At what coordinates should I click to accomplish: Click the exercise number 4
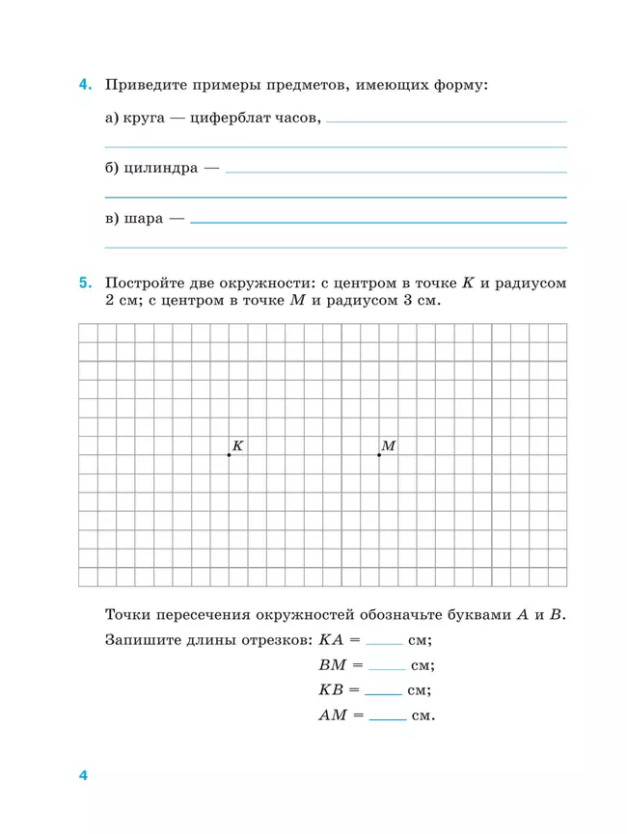coord(86,85)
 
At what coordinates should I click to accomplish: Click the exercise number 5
coord(86,283)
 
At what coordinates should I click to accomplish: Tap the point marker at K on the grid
coord(229,455)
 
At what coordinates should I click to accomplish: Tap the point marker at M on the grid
coord(379,455)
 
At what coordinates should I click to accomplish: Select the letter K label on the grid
coord(237,445)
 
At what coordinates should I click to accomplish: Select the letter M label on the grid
coord(389,445)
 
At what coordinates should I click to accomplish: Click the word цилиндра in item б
coord(161,168)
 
